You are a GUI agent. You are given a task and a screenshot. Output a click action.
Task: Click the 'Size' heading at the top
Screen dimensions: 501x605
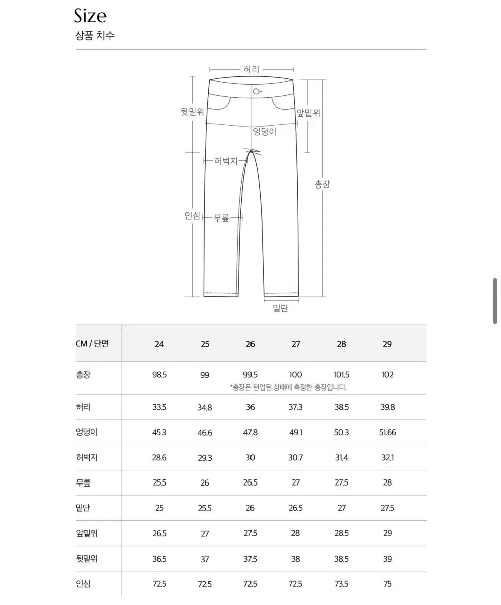tap(90, 16)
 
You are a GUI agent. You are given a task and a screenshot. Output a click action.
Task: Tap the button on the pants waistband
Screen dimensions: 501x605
tap(257, 92)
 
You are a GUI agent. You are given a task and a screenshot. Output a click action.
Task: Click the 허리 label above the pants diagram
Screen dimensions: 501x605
tap(251, 69)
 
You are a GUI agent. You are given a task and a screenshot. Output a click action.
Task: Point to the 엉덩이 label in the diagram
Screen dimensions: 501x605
tap(264, 132)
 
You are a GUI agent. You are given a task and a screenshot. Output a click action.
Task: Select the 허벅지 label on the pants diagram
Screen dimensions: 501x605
tap(226, 161)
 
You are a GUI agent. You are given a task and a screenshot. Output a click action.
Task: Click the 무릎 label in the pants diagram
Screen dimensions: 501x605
tap(221, 218)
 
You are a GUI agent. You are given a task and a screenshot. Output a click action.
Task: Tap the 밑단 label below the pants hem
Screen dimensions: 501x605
tap(281, 308)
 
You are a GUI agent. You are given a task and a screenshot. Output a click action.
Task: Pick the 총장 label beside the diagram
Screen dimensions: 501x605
tap(322, 184)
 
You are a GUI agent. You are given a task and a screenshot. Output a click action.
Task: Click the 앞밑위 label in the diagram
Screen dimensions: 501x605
tap(308, 113)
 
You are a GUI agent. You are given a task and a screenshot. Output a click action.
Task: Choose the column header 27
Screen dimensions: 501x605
tap(296, 344)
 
